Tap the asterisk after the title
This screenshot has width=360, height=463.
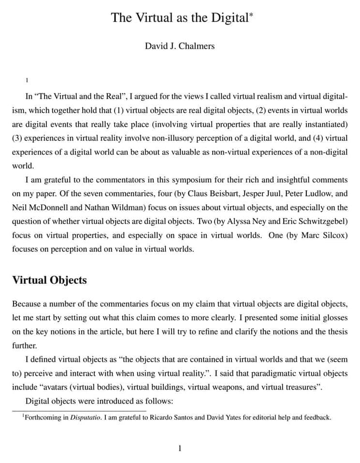tap(251, 14)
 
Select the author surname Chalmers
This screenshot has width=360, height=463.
tap(197, 46)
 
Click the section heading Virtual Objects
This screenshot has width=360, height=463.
tap(49, 280)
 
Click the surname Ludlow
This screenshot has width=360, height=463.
tap(316, 194)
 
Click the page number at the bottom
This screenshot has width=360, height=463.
tap(180, 449)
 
